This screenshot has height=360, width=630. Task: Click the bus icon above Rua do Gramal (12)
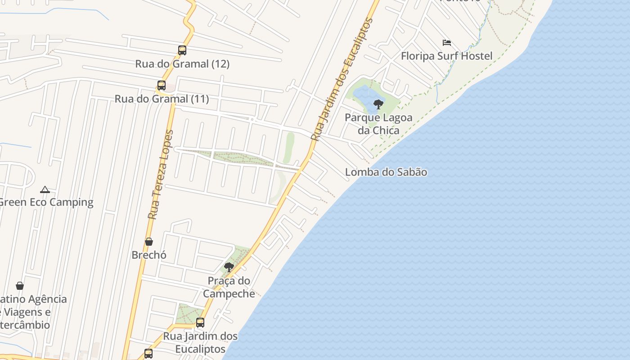[x=182, y=50]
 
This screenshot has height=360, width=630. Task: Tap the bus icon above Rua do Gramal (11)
[x=161, y=85]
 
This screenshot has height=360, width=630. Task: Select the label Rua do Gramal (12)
[x=182, y=64]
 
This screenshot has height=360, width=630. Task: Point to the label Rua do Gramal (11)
[x=162, y=99]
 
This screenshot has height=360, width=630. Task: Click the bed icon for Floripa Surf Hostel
[x=446, y=43]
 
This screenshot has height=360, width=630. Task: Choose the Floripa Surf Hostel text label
[x=446, y=56]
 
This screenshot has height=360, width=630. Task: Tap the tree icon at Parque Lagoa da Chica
[x=378, y=104]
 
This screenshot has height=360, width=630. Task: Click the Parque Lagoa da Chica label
[x=378, y=124]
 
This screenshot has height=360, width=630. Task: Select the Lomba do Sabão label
[x=386, y=172]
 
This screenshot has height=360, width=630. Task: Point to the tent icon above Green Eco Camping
[x=45, y=189]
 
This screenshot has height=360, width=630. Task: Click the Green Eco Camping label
[x=46, y=202]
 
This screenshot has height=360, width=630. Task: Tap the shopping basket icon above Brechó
[x=149, y=242]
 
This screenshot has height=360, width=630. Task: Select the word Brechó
[x=149, y=255]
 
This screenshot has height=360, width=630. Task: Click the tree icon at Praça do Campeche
[x=229, y=267]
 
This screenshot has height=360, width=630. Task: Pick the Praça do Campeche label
[x=229, y=287]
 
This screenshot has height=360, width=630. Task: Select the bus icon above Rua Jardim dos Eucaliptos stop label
[x=200, y=323]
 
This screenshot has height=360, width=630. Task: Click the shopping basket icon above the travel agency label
[x=20, y=286]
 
